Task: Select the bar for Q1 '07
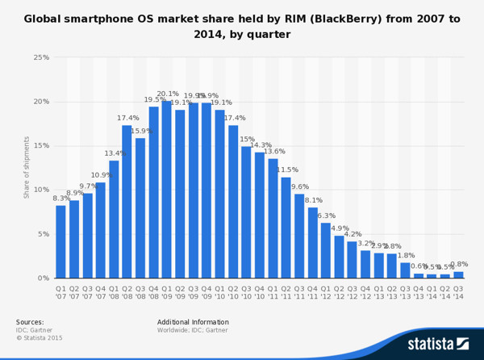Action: [60, 241]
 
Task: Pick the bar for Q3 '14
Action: [458, 274]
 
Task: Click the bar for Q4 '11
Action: [312, 242]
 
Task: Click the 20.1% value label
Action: [168, 94]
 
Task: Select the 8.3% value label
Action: [61, 199]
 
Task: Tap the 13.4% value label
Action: [115, 153]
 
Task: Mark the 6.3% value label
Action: [326, 216]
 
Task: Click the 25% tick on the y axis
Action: [41, 57]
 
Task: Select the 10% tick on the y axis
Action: [41, 190]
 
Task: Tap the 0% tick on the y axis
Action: [44, 278]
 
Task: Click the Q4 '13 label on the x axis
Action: [418, 291]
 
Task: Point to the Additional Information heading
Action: [193, 322]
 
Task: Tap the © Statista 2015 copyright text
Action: [40, 337]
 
